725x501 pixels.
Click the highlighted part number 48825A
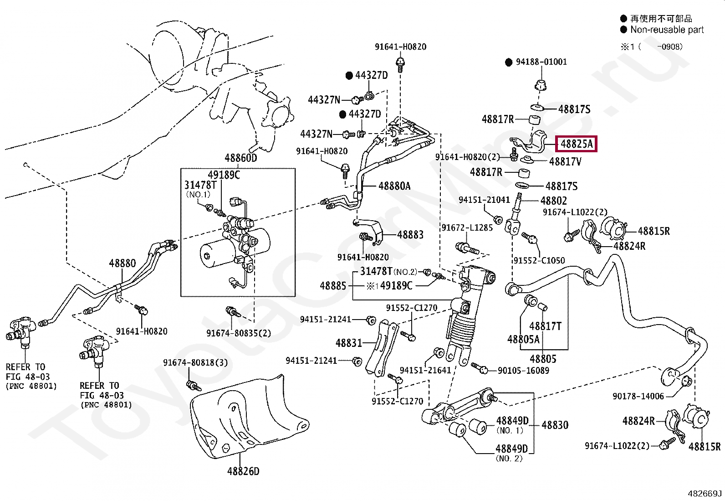click(x=576, y=144)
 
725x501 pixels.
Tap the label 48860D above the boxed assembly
click(x=241, y=158)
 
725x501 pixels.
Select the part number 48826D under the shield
click(x=243, y=471)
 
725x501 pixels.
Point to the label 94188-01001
click(x=541, y=62)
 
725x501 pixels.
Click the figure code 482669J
click(x=705, y=494)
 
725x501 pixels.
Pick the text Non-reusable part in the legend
click(x=667, y=30)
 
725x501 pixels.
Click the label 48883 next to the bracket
click(x=410, y=235)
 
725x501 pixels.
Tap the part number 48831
click(x=348, y=343)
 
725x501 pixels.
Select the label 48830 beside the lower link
click(x=555, y=425)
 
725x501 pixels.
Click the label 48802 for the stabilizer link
click(x=553, y=201)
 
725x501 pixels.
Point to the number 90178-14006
click(x=638, y=396)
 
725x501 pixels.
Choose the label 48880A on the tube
click(x=394, y=186)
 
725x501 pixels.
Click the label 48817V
click(x=565, y=161)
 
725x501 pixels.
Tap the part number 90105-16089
click(x=523, y=370)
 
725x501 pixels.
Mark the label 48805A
click(x=523, y=339)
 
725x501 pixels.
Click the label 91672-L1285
click(x=467, y=227)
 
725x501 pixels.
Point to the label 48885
click(x=333, y=286)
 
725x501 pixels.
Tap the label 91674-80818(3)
click(x=195, y=362)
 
